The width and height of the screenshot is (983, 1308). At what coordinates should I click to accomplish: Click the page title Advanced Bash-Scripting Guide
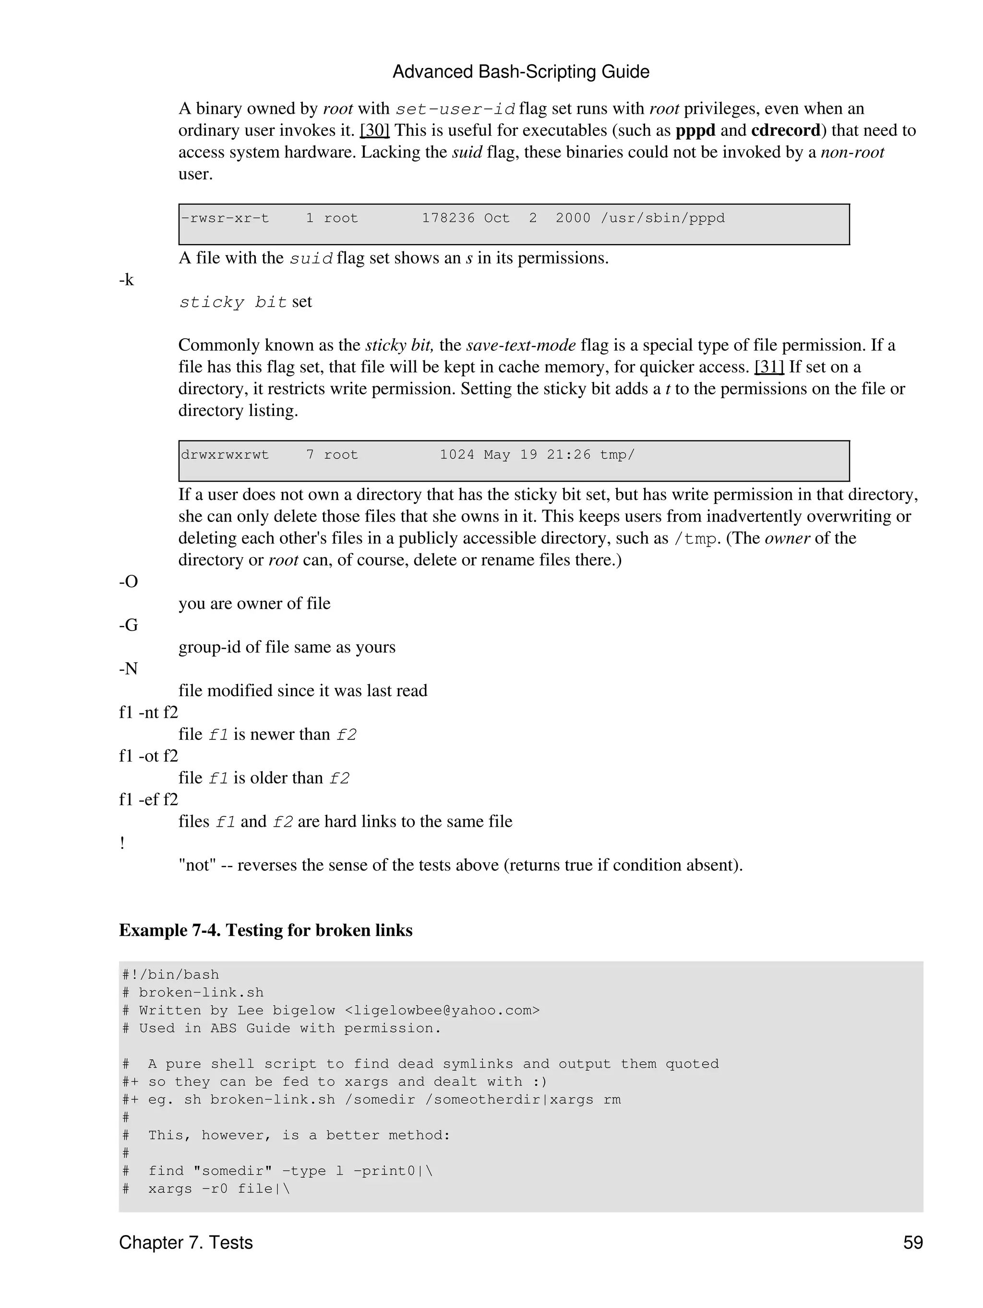[x=520, y=72]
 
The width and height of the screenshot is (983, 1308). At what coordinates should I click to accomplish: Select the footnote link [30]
[x=374, y=130]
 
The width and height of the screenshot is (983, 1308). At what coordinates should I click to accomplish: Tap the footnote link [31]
[x=769, y=367]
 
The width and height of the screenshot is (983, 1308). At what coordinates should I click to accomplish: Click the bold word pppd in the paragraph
[x=695, y=130]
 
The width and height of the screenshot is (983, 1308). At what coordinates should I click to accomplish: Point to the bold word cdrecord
[x=785, y=130]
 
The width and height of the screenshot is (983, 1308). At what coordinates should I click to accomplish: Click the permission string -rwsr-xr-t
[x=225, y=218]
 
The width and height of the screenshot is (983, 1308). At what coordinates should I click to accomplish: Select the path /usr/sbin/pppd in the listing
[x=662, y=218]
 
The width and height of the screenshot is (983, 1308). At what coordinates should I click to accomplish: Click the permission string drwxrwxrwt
[x=225, y=455]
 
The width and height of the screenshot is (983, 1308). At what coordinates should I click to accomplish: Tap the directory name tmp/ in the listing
[x=617, y=455]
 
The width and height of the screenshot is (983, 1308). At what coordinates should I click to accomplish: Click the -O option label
[x=128, y=582]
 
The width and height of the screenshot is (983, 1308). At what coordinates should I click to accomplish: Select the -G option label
[x=128, y=625]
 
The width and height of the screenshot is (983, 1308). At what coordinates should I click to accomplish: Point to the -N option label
[x=128, y=669]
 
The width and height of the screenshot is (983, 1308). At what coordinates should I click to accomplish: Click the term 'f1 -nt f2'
[x=148, y=713]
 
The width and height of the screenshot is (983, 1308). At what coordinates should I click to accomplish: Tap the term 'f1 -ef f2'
[x=148, y=799]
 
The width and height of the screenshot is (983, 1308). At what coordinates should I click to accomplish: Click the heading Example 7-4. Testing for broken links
[x=265, y=930]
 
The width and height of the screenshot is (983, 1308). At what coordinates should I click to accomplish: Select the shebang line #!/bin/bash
[x=170, y=975]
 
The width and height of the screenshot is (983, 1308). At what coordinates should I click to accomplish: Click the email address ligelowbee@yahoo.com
[x=442, y=1010]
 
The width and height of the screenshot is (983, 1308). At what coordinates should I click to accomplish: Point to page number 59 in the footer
[x=912, y=1242]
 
